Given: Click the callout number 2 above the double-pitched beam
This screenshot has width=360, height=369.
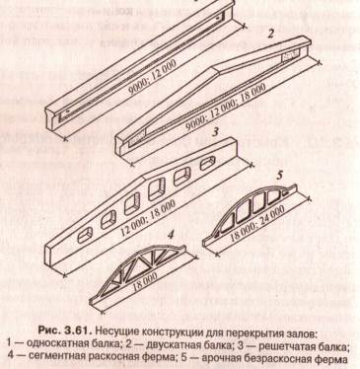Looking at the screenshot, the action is (271, 34).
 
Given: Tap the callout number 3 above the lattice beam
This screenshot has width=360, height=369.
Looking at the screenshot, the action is (215, 132).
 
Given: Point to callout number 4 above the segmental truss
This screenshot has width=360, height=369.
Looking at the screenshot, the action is (171, 235).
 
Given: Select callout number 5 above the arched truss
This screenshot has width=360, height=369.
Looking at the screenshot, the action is (279, 175).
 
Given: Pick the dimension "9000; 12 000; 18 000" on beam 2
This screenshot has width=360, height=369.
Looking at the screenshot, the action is (226, 108).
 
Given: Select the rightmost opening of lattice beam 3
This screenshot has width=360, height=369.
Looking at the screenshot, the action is (207, 163).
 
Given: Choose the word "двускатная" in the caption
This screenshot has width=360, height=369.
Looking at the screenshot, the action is (171, 344).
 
